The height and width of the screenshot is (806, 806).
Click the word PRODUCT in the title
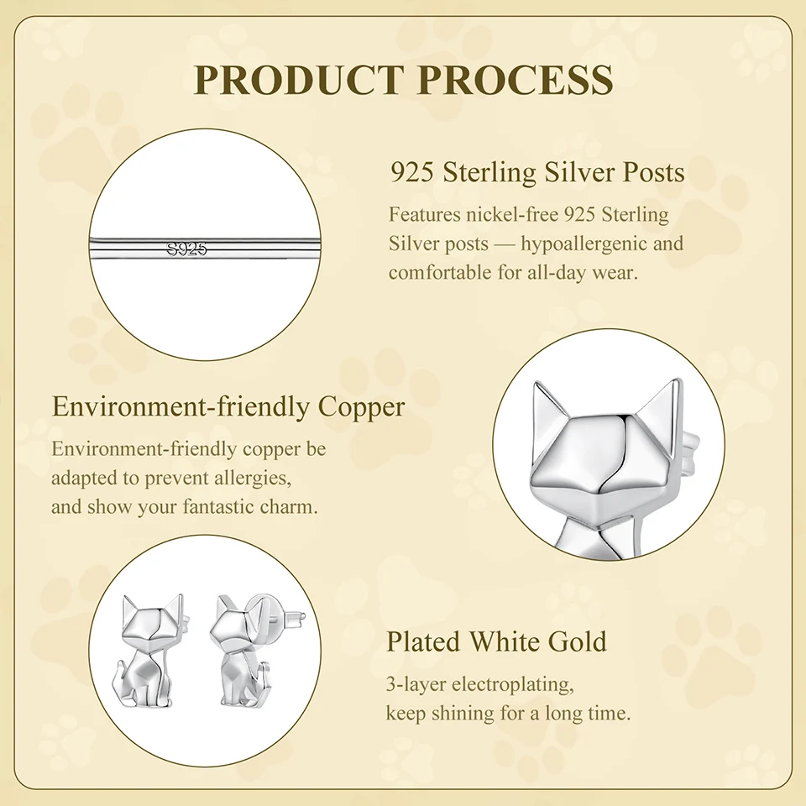[x=297, y=80]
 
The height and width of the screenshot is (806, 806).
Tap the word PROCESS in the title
[x=516, y=80]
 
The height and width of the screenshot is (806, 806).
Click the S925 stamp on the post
[x=186, y=249]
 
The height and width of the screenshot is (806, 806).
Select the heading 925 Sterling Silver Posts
[x=537, y=172]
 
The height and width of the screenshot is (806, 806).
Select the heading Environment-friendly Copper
[x=228, y=406]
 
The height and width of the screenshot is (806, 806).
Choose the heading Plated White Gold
[x=496, y=641]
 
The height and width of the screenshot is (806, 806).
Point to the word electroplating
[x=512, y=685]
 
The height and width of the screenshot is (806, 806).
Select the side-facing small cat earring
[x=243, y=650]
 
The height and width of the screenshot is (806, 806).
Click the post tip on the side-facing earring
[x=303, y=615]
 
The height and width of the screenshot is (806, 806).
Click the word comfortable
[x=439, y=272]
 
